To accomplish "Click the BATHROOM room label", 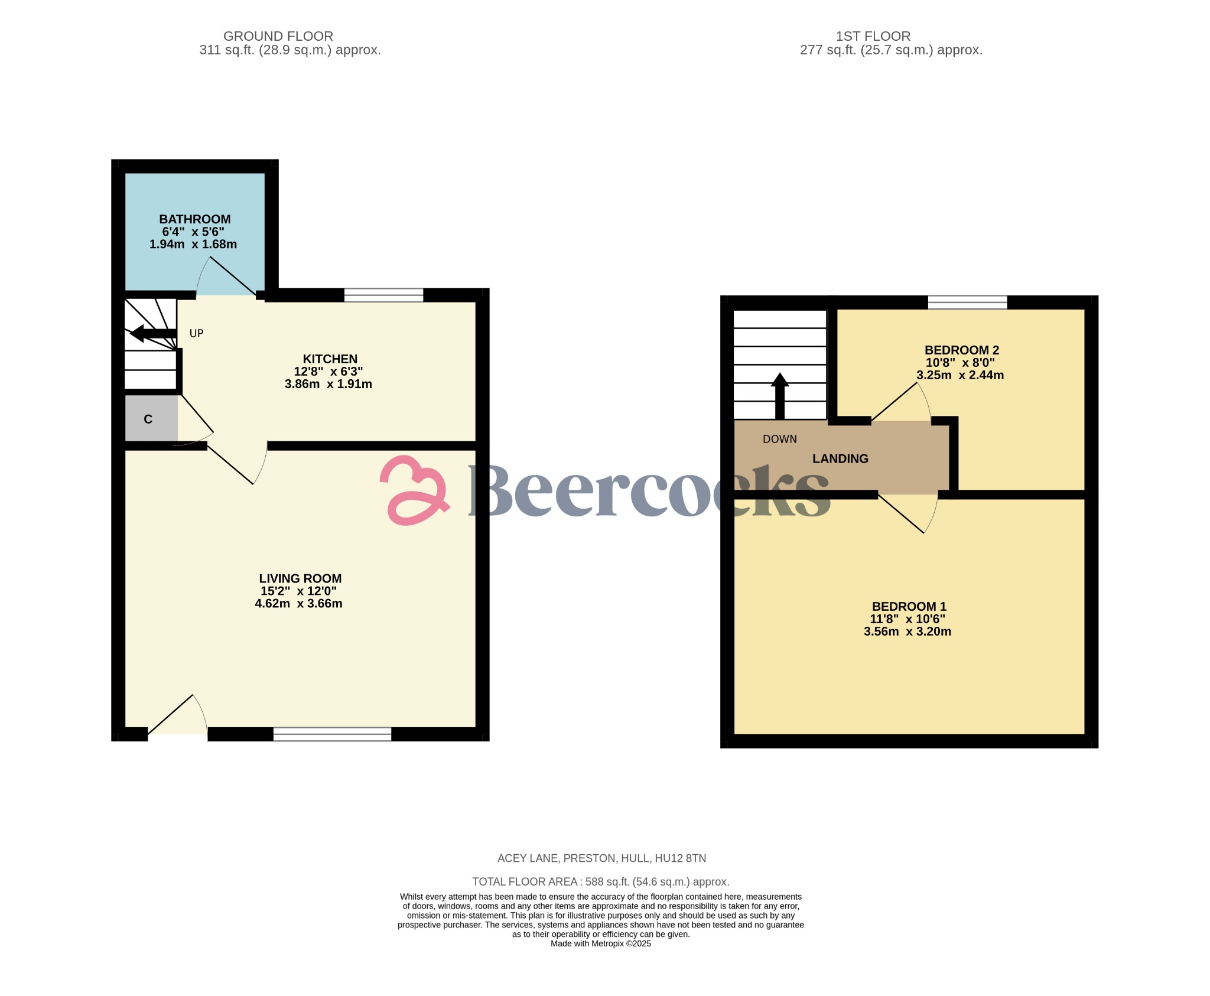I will tap(194, 219).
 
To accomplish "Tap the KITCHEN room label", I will tap(330, 359).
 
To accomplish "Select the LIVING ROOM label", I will tap(300, 578).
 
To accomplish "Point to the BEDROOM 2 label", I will tap(961, 350).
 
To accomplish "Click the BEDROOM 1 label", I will tap(909, 606).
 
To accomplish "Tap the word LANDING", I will tap(840, 458).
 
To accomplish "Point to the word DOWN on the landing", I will tap(779, 439).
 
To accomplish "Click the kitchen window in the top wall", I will tap(383, 295).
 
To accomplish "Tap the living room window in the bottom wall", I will tap(332, 734).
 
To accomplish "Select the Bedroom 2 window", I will tap(967, 302).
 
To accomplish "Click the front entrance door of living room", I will tap(177, 718).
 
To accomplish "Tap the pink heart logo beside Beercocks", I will tap(414, 490).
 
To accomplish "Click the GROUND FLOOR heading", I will tap(278, 36).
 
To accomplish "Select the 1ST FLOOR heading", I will tap(873, 36).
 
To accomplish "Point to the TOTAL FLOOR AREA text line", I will tap(600, 881).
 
